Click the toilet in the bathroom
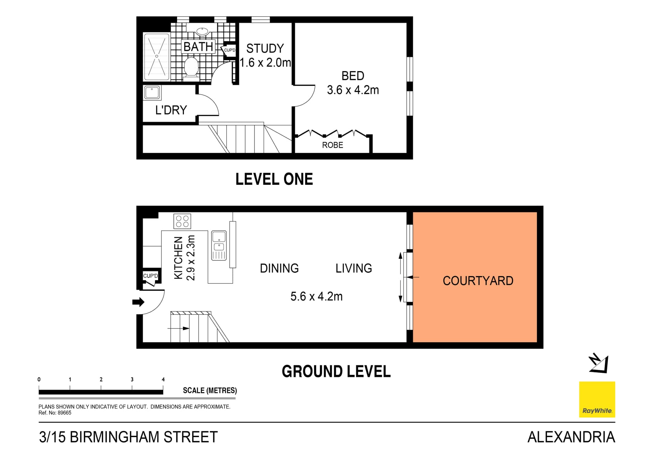coord(191,67)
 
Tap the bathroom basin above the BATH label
coord(202,32)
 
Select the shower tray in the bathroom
coord(157,57)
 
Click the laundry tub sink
coord(152,93)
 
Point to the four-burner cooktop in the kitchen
coord(182,221)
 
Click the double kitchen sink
coord(219,245)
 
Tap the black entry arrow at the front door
coord(138,302)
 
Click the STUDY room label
coord(265,49)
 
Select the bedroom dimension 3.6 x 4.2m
coord(353,90)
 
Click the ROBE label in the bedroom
coord(332,145)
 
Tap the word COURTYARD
coord(478,281)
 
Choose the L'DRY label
coord(171,110)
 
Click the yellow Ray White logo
coord(597,399)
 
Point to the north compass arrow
coord(598,364)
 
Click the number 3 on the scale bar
coord(132,380)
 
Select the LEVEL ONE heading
coord(274,179)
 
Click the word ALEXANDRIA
coord(571,437)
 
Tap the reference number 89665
coord(64,413)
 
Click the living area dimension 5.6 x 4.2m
coord(316,297)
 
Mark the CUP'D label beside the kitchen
coord(150,276)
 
